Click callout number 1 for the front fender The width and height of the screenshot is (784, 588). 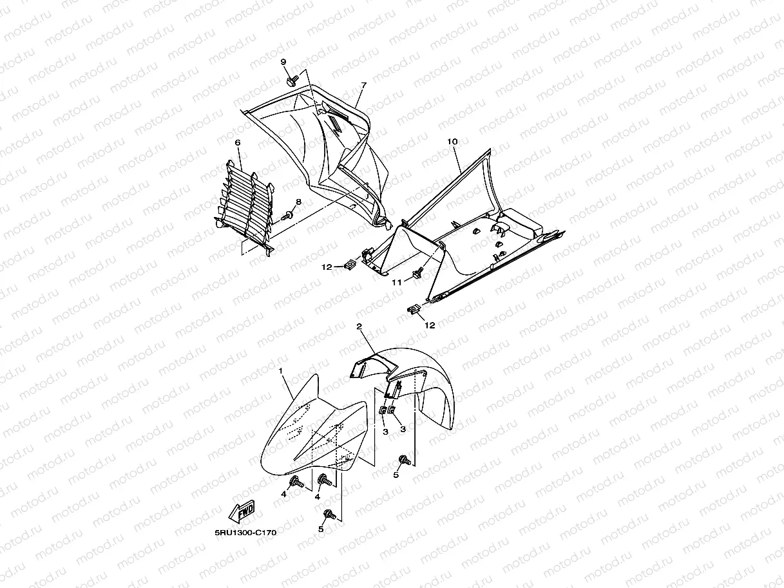280,371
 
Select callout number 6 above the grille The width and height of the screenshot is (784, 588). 238,142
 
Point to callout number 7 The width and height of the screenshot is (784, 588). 363,85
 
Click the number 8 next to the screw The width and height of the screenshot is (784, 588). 298,202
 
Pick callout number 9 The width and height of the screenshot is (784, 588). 283,62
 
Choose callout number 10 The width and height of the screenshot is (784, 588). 452,140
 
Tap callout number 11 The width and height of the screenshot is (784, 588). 397,281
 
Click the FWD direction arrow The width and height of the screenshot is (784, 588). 243,513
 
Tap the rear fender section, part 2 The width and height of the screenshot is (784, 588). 419,386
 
